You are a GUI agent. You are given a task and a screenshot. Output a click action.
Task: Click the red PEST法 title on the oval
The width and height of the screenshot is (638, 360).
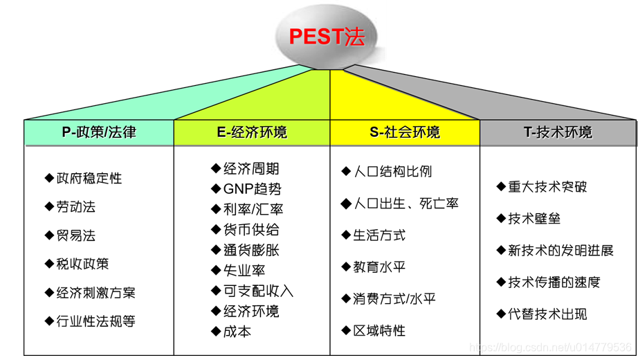[326, 37]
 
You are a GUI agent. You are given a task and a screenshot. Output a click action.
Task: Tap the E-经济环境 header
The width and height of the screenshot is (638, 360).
[252, 132]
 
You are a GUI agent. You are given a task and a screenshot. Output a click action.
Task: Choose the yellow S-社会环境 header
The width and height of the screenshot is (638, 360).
[405, 132]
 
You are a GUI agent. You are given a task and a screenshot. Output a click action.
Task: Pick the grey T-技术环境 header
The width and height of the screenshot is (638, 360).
[558, 132]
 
